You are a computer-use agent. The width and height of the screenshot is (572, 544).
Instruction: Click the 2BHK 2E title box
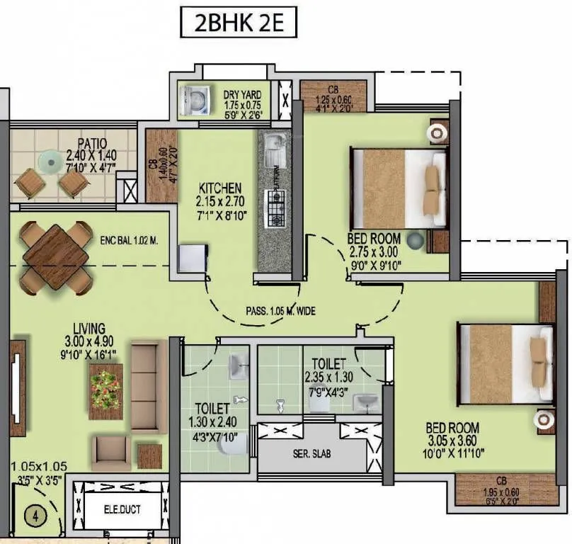coord(236,23)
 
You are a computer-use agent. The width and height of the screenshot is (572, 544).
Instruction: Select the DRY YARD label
coord(242,94)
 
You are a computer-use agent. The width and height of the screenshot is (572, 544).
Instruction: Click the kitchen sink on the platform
coord(275,149)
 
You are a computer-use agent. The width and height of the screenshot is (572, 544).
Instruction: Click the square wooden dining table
coord(55,256)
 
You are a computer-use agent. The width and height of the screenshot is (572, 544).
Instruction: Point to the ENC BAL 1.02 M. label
coord(129,241)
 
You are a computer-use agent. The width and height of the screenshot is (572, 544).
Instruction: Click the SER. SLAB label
coord(311,453)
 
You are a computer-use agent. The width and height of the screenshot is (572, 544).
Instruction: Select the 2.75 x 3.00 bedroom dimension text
coord(374,251)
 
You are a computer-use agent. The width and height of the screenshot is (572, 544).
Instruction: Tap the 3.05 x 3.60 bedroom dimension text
coord(452,441)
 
